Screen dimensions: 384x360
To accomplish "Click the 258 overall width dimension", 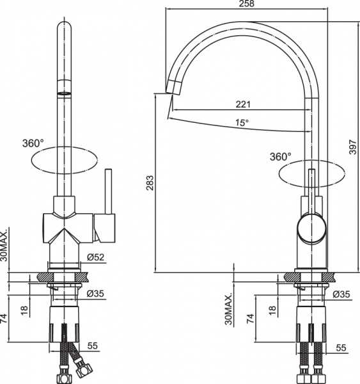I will pos(247,4).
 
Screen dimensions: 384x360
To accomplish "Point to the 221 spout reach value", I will pos(243,104).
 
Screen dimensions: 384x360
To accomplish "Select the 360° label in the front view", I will pos(33,143).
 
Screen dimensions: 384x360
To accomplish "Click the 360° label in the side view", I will pos(280,156).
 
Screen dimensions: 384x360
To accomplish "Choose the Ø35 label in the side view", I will pos(342,294).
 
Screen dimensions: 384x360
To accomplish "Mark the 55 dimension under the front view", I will pos(92,346).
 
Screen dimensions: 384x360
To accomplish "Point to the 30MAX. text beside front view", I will pos(5,246).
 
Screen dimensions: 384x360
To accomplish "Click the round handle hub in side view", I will pos(311,228).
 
